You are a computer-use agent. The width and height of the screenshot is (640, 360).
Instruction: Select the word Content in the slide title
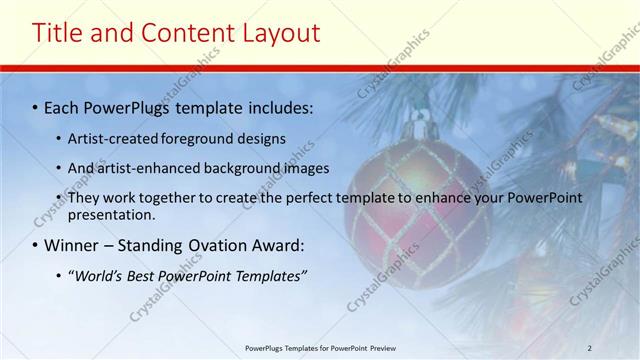pos(180,33)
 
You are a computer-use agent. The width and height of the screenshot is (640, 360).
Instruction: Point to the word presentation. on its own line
pos(112,215)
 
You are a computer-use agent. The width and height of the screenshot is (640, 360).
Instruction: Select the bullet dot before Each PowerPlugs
pos(36,106)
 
